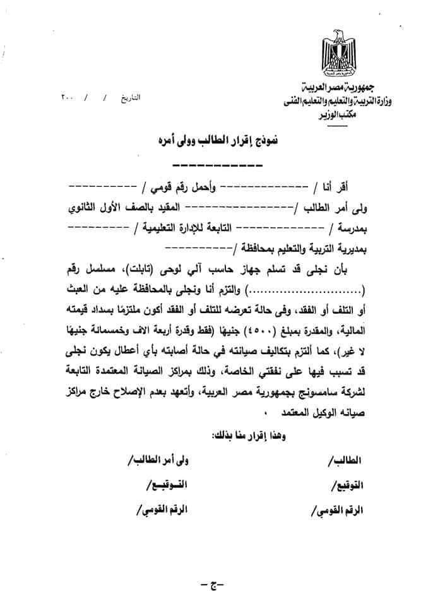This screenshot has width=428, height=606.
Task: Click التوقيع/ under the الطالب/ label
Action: tap(348, 485)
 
